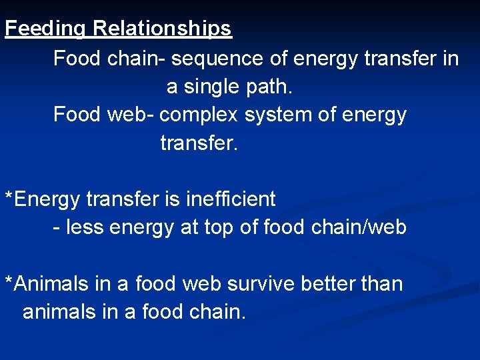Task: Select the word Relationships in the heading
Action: (162, 29)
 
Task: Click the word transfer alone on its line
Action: (198, 143)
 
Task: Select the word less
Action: (84, 228)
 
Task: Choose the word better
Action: (329, 284)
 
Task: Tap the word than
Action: (383, 284)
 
